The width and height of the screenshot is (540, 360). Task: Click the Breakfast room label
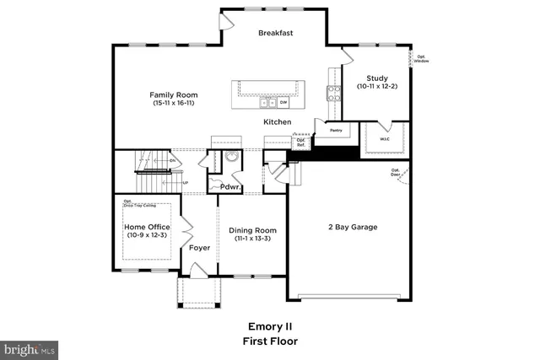[275, 33]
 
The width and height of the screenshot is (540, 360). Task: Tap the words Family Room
[173, 94]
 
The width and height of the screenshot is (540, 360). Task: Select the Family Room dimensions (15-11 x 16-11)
[174, 104]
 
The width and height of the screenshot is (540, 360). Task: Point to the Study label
[376, 78]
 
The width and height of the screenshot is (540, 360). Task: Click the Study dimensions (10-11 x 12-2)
[376, 86]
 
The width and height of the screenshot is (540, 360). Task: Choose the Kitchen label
[277, 122]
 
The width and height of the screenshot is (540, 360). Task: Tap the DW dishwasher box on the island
[283, 103]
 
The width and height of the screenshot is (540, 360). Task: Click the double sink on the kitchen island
[267, 103]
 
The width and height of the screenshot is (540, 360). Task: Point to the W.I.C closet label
[384, 140]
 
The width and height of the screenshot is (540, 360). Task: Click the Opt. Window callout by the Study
[420, 59]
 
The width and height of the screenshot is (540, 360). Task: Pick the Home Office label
[147, 227]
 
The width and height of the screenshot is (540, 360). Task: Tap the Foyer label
[199, 248]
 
